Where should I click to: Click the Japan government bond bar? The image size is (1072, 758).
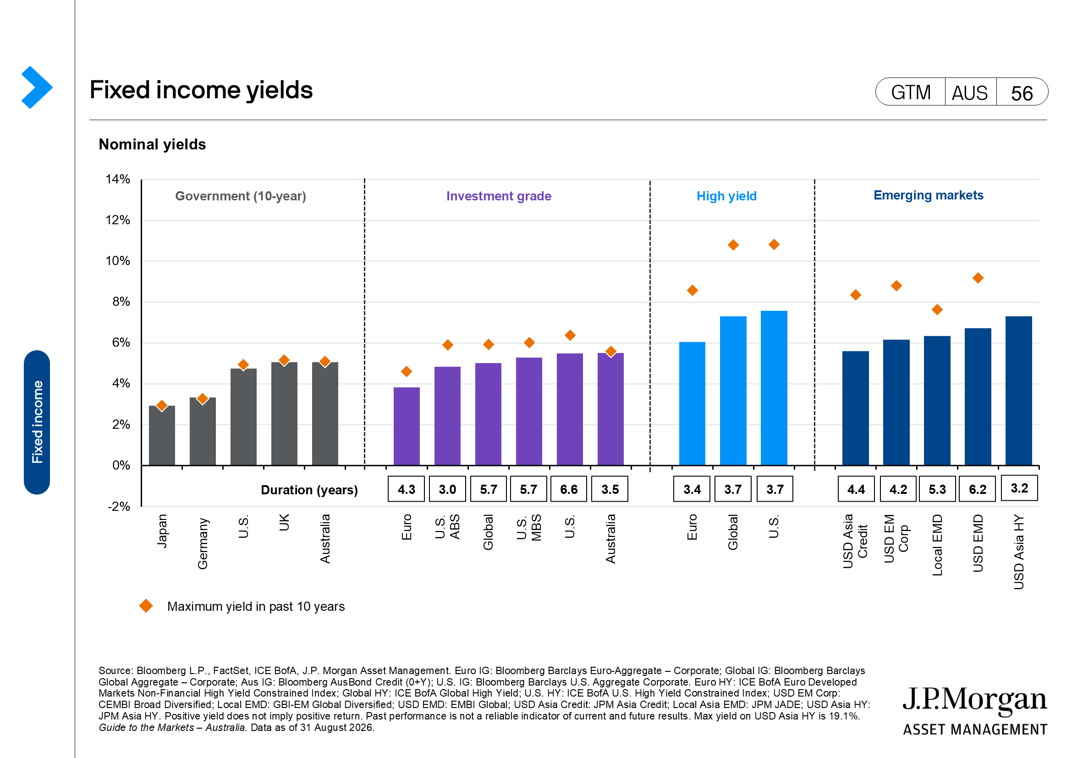click(162, 435)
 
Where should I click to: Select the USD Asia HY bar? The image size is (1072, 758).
click(1019, 391)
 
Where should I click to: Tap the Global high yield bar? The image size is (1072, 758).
click(733, 391)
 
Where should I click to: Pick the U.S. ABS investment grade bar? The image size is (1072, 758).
click(447, 416)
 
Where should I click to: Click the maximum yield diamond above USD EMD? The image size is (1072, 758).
click(978, 278)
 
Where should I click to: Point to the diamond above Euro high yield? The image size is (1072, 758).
click(693, 290)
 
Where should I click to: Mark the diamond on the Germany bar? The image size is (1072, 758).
click(203, 398)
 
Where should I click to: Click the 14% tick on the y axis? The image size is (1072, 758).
click(118, 179)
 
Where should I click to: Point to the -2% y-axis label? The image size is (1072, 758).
click(119, 507)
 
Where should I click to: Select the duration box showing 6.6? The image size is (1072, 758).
click(569, 489)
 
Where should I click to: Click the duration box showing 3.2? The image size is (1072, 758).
click(1019, 488)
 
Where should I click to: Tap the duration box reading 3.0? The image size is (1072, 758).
click(447, 489)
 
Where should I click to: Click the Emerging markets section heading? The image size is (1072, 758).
click(928, 195)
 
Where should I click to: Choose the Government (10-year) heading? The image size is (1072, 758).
click(241, 196)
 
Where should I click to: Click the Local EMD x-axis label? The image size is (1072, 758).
click(937, 545)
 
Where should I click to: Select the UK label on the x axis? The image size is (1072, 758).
click(284, 522)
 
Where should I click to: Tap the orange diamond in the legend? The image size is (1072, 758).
click(146, 606)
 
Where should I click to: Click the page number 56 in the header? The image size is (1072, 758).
click(1022, 93)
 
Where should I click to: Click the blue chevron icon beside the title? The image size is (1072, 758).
click(37, 87)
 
